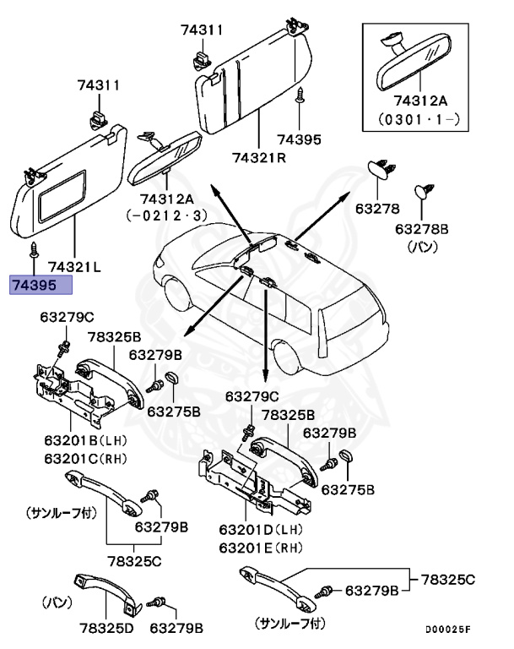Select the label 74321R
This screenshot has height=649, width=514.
coord(260,158)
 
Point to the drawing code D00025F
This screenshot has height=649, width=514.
coord(447,630)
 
